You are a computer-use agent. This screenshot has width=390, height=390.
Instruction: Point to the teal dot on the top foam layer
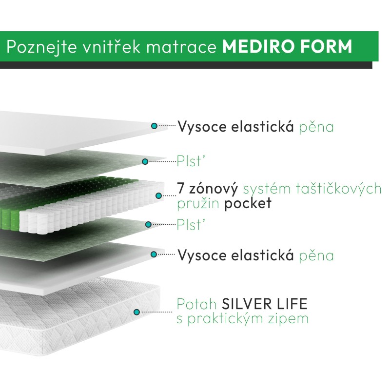pyautogui.click(x=154, y=126)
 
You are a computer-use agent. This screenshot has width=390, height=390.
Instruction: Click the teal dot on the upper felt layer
pyautogui.click(x=145, y=161)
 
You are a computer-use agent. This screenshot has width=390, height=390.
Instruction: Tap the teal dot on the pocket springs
pyautogui.click(x=159, y=196)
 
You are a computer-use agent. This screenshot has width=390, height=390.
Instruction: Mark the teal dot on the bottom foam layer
pyautogui.click(x=154, y=254)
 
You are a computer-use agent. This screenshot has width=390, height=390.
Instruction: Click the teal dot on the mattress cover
pyautogui.click(x=137, y=312)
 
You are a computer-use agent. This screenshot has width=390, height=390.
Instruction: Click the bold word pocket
pyautogui.click(x=248, y=203)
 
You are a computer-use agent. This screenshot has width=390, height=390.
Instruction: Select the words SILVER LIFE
pyautogui.click(x=265, y=304)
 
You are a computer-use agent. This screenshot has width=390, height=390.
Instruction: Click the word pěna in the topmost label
pyautogui.click(x=316, y=127)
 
